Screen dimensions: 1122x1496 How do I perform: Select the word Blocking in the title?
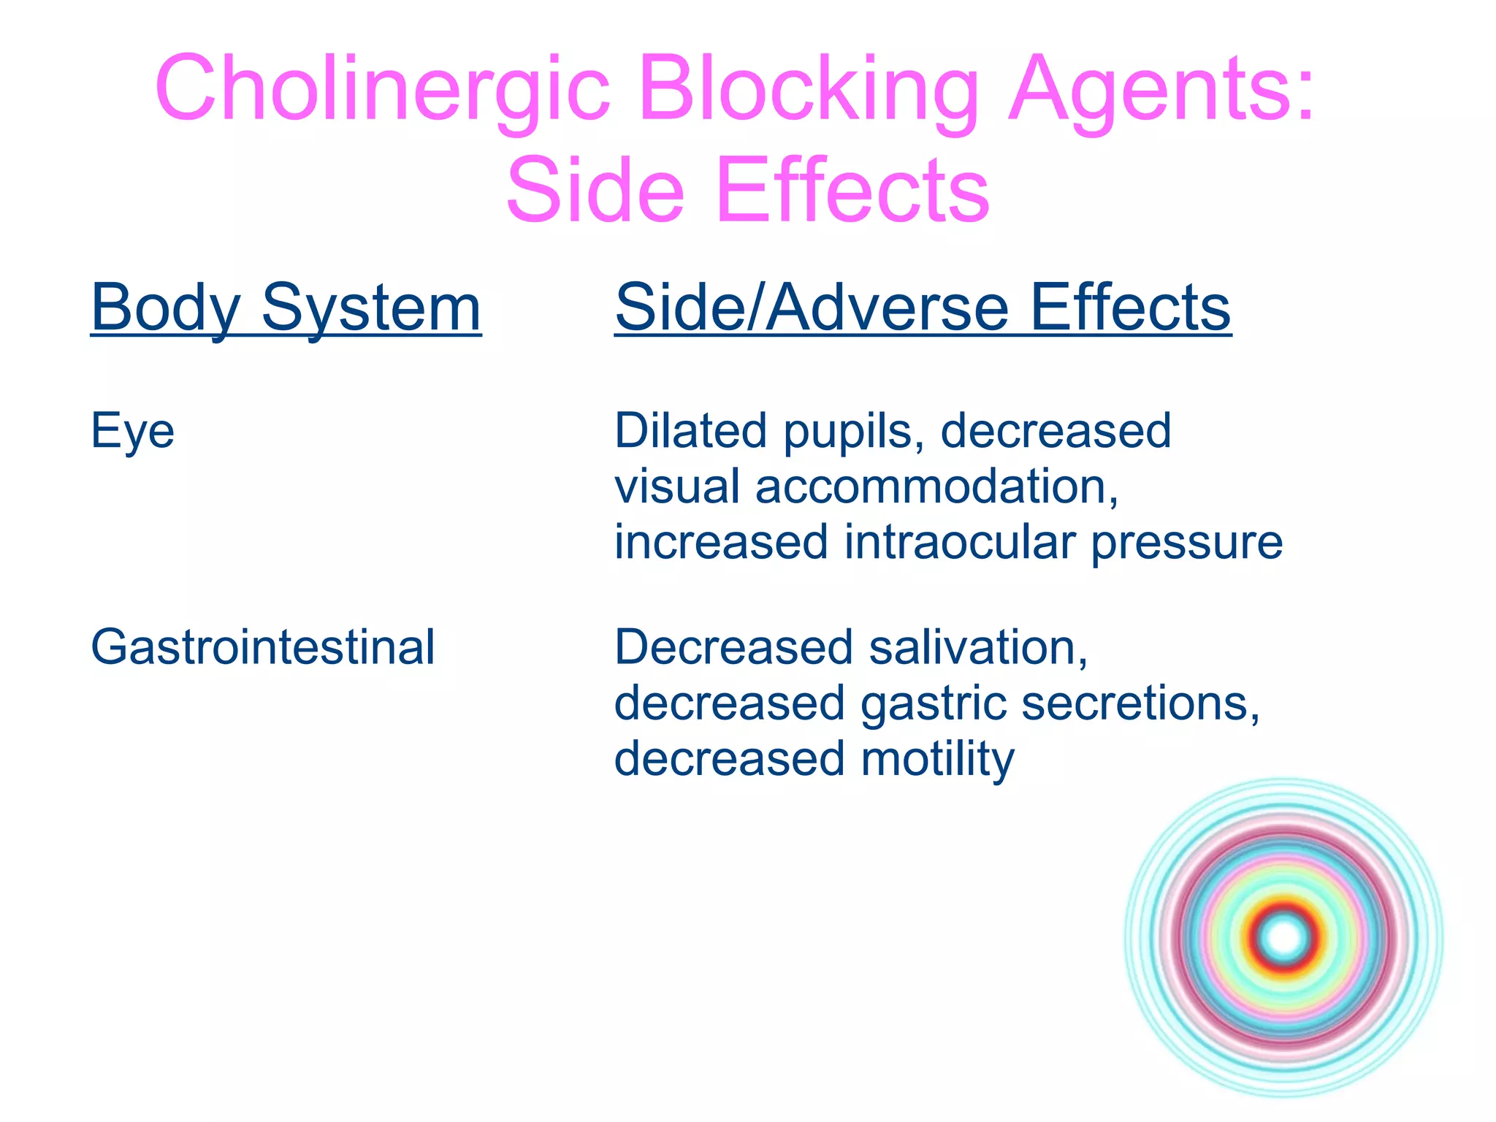click(x=807, y=89)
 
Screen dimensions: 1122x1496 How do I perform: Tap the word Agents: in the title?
click(x=1161, y=89)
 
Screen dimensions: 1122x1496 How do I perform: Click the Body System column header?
click(x=286, y=308)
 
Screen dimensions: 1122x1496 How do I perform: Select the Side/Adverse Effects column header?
click(x=923, y=308)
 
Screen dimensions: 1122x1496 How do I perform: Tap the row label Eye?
click(x=132, y=431)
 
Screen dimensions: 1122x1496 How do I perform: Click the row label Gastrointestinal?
click(x=263, y=647)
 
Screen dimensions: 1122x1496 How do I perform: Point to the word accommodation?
click(x=936, y=486)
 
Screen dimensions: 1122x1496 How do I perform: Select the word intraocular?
click(x=959, y=542)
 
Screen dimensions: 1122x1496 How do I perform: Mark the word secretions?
click(x=1140, y=703)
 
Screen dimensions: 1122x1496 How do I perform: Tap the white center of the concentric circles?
click(x=1284, y=937)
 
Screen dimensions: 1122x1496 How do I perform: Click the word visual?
click(x=677, y=486)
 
